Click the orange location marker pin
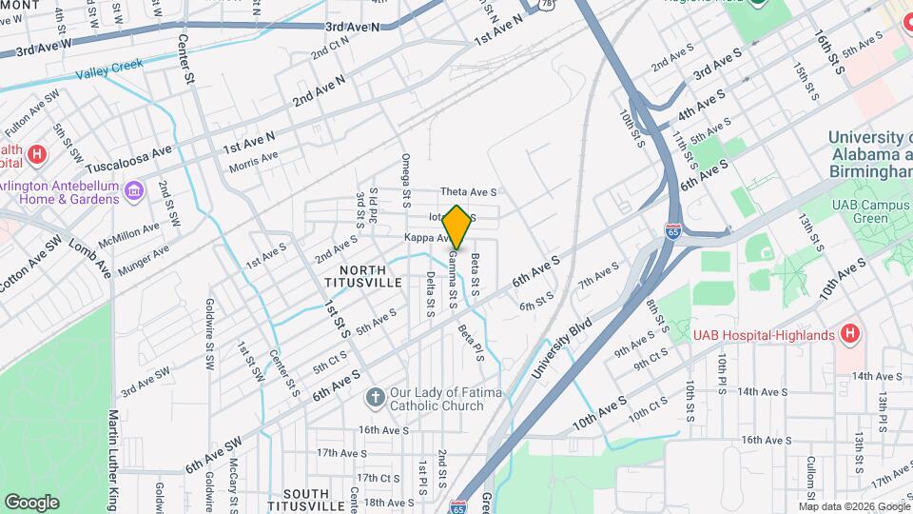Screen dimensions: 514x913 coord(456,227)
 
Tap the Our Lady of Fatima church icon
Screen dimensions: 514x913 coord(376,396)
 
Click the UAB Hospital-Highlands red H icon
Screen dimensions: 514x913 coord(850,334)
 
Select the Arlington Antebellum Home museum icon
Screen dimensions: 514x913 coord(134,192)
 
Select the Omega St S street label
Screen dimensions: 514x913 coord(405,180)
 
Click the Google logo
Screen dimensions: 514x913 coord(31,502)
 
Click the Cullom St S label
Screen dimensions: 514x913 coord(811,479)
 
